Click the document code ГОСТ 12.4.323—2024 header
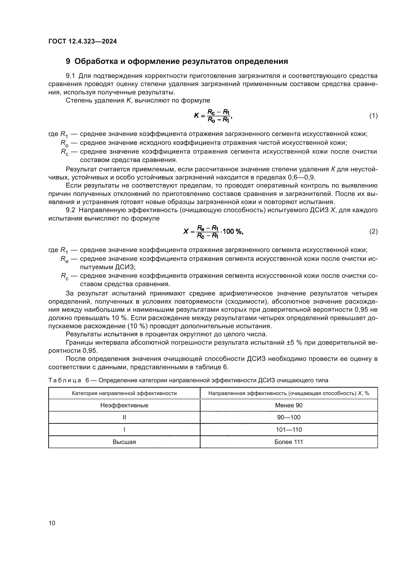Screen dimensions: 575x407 (x=82, y=41)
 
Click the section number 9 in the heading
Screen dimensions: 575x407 (x=68, y=61)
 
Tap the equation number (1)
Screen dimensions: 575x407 (x=374, y=116)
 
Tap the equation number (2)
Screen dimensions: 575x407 (x=374, y=231)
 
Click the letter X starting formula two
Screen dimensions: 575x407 (x=186, y=231)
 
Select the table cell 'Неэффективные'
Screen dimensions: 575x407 (x=124, y=405)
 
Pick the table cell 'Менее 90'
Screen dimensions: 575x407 (x=289, y=405)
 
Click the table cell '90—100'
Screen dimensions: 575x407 (x=289, y=417)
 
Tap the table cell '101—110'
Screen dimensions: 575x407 (x=289, y=430)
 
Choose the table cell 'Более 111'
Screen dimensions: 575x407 (x=289, y=442)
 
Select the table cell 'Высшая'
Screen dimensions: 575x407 (x=124, y=442)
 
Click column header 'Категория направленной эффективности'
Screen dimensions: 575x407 (x=124, y=393)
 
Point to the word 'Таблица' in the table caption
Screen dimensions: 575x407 (x=65, y=380)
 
